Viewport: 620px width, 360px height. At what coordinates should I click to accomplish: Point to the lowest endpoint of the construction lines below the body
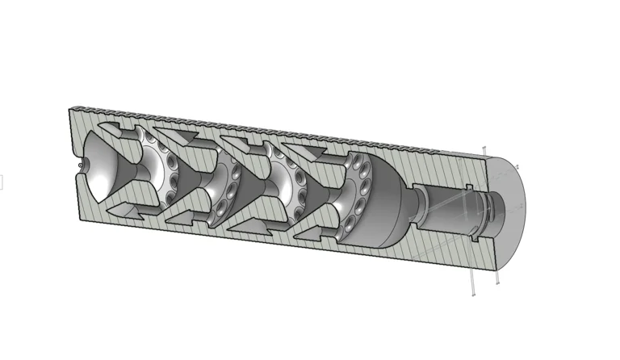pyautogui.click(x=473, y=295)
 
